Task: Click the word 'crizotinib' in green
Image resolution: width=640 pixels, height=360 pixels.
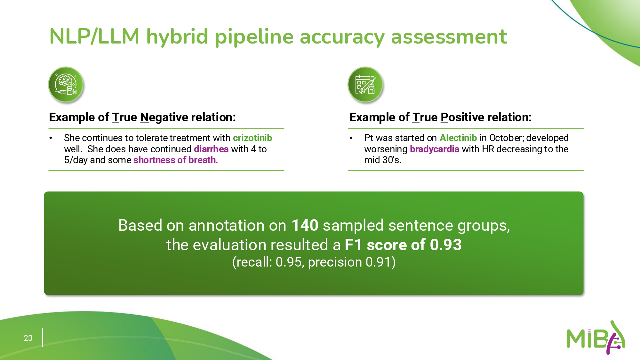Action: pos(252,138)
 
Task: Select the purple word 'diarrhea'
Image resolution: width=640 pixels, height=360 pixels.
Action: pos(211,149)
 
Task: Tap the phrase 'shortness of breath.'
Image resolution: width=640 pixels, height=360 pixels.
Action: pos(176,160)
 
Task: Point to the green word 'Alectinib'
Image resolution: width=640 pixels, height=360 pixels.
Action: pos(458,138)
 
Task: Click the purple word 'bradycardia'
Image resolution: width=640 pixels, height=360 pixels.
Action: pos(435,149)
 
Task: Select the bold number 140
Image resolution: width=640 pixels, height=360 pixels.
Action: pos(305,225)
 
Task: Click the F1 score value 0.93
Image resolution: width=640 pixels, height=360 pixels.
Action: pos(446,245)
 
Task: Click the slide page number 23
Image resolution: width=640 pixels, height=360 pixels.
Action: pos(28,338)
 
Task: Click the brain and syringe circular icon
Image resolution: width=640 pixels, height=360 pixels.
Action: pos(66,85)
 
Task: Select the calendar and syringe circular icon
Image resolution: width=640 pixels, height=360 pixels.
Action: pos(365,85)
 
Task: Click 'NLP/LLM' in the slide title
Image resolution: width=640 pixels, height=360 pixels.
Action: pos(94,36)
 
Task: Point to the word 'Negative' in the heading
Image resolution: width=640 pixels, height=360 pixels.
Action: pos(164,117)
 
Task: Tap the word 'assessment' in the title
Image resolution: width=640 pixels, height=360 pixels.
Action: pos(449,36)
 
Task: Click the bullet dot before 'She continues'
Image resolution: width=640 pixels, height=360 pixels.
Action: pos(51,138)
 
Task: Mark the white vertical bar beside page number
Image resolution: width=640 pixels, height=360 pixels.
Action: pos(42,338)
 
